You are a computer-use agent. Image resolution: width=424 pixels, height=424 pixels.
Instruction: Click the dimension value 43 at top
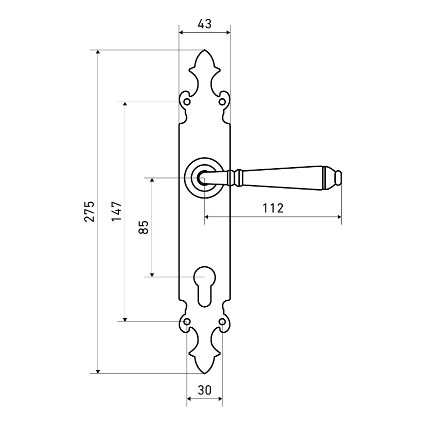[205, 24]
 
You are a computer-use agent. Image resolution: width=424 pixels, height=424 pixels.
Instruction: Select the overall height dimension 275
[89, 211]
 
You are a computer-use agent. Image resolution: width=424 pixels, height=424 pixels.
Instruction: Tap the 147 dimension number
[117, 211]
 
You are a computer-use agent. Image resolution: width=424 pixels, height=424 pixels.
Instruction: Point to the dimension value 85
[143, 227]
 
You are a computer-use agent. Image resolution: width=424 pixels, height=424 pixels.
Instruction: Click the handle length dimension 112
[273, 208]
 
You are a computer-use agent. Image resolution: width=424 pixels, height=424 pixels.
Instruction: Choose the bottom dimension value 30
[205, 390]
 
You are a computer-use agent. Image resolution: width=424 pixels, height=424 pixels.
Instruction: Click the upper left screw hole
[187, 102]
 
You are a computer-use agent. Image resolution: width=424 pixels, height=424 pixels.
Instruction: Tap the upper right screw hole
[222, 102]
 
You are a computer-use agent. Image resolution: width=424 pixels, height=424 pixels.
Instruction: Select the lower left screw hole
[187, 322]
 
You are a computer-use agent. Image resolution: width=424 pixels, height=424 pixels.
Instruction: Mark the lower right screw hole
[222, 322]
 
